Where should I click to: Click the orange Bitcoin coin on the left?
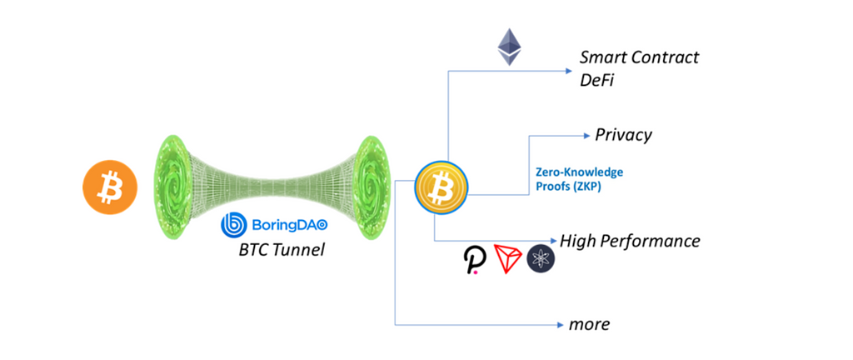click(107, 188)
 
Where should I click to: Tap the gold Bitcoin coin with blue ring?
click(441, 187)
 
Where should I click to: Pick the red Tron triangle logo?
click(508, 260)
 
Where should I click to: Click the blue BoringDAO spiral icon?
click(233, 223)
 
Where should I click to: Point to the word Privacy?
click(623, 134)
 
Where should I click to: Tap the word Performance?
click(651, 241)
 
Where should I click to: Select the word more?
click(589, 323)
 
